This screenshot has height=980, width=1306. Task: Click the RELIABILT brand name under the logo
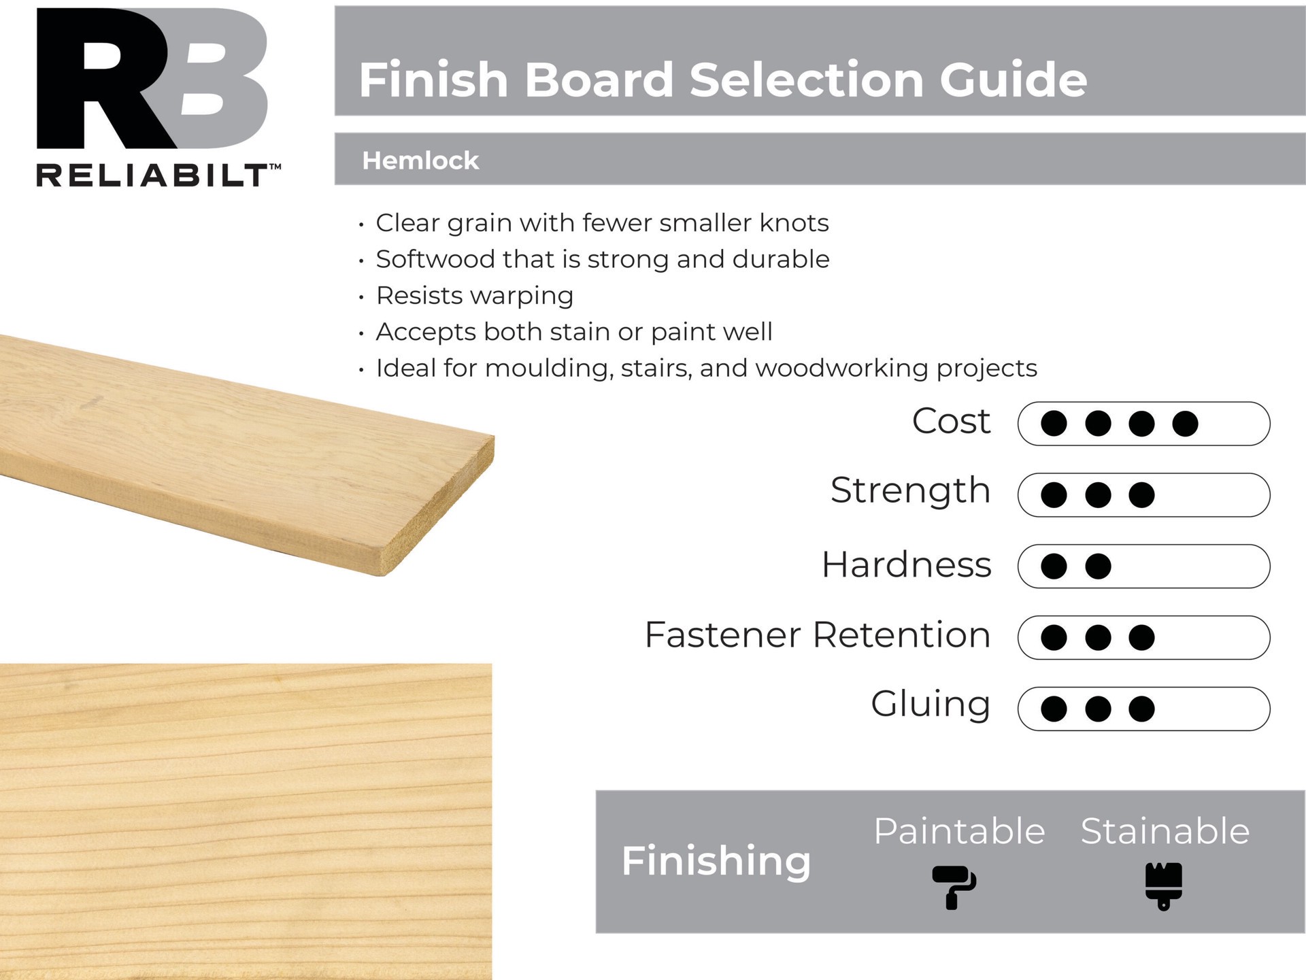tap(154, 175)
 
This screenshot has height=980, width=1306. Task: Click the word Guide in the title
tap(1013, 80)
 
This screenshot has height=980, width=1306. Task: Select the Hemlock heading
tap(420, 160)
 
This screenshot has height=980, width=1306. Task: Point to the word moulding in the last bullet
tap(549, 368)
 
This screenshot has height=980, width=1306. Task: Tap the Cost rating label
tap(950, 421)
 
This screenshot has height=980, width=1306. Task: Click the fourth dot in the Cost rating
tap(1185, 424)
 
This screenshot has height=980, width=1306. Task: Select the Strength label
tap(910, 490)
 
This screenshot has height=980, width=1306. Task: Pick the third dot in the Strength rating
tap(1141, 495)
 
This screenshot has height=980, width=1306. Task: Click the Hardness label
tap(906, 564)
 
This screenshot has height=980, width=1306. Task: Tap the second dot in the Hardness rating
tap(1098, 566)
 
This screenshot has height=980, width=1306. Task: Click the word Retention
tap(901, 635)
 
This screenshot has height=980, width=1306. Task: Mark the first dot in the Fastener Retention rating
tap(1054, 637)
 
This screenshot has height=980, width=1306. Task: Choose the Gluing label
tap(930, 705)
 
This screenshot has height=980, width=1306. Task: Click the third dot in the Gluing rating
tap(1141, 709)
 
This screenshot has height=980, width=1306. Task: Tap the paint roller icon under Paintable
tap(954, 886)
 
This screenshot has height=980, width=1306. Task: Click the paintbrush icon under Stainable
tap(1163, 885)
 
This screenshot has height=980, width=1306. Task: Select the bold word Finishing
tap(716, 861)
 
